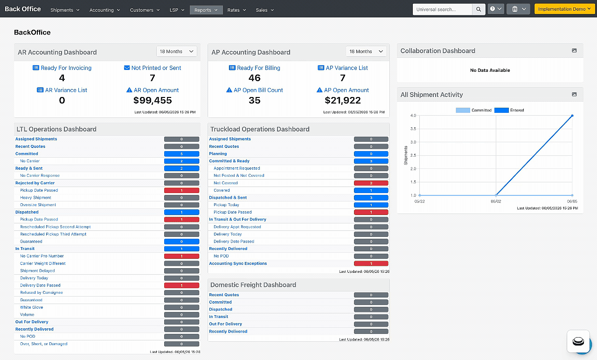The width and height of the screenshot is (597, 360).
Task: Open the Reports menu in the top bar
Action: tap(206, 10)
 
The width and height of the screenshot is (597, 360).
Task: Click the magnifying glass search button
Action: tap(479, 9)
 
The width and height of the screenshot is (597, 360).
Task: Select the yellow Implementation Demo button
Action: tap(564, 9)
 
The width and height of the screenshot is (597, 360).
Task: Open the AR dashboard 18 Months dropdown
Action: tap(176, 51)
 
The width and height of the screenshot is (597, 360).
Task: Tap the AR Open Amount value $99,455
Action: tap(153, 100)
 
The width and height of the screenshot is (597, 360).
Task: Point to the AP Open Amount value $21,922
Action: tap(342, 100)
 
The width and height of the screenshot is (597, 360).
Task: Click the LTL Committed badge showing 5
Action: tap(181, 154)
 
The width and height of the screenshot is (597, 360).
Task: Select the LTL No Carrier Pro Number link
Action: tap(42, 256)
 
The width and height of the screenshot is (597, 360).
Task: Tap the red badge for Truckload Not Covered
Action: tap(371, 183)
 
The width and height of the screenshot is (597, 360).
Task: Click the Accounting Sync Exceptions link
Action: tap(238, 263)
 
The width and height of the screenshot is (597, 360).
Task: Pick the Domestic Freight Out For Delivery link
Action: tap(225, 324)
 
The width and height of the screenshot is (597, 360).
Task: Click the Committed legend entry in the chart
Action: tap(473, 110)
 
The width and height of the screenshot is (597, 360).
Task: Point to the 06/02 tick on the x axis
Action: tap(496, 201)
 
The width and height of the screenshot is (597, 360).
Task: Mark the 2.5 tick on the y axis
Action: tap(413, 155)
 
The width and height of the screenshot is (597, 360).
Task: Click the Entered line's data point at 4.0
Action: tap(572, 116)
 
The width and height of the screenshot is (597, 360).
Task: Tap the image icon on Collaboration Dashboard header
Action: tap(574, 51)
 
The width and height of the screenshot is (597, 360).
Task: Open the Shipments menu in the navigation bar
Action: tap(65, 10)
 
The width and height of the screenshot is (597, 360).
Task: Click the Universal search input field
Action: tap(443, 9)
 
